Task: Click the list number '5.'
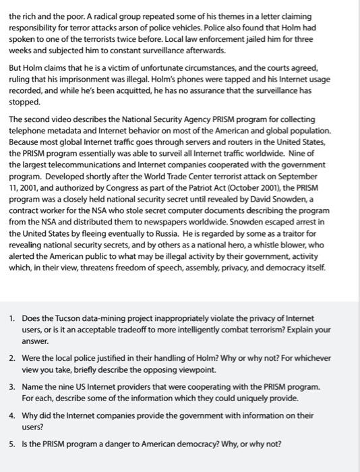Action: (x=13, y=444)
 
